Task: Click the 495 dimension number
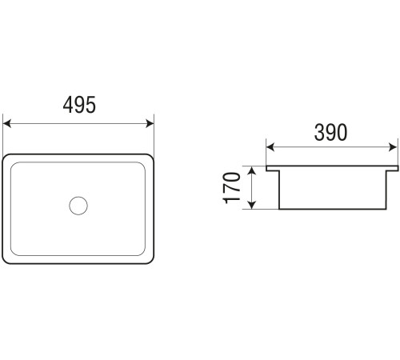point(79,105)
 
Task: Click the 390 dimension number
point(330,133)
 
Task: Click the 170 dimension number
point(231,188)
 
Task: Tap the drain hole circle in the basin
point(78,206)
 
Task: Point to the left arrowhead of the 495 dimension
point(6,123)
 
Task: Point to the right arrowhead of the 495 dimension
point(150,123)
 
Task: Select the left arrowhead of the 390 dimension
point(270,147)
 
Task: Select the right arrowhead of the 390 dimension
point(393,147)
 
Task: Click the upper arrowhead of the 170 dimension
point(252,170)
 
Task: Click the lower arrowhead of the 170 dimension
point(252,205)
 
